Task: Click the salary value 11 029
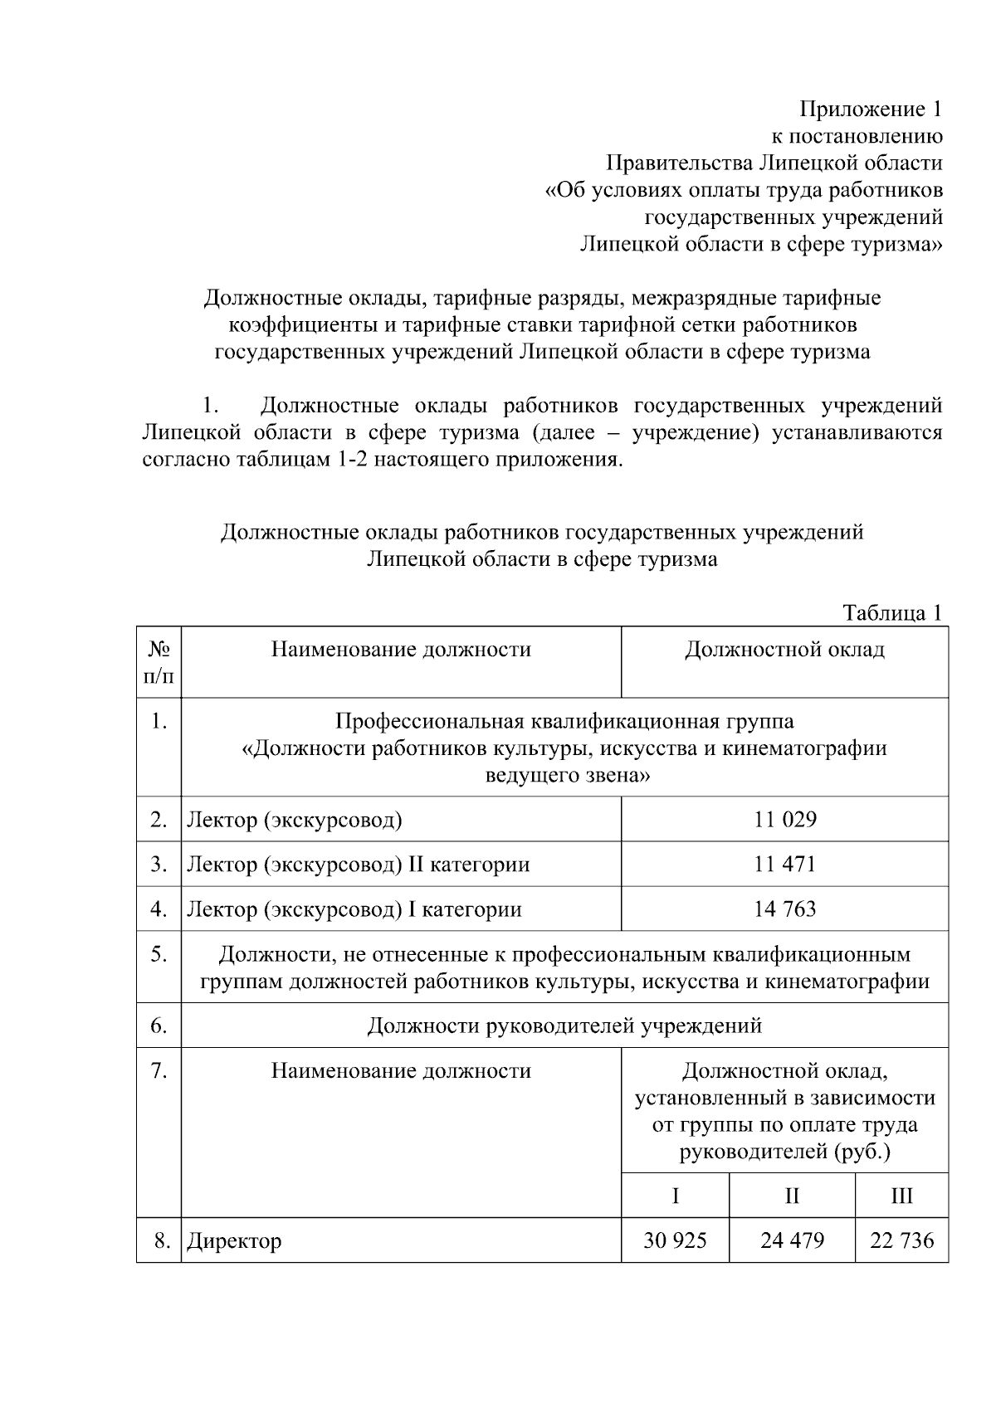[x=784, y=820]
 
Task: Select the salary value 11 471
[x=784, y=865]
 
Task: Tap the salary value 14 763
[x=784, y=909]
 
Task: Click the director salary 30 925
[x=675, y=1240]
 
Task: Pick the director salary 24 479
[x=792, y=1240]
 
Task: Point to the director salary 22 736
[x=901, y=1240]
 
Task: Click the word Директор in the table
[x=234, y=1241]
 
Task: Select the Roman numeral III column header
[x=901, y=1196]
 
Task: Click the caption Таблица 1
[x=892, y=613]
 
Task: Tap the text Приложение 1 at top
[x=871, y=109]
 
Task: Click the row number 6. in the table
[x=159, y=1026]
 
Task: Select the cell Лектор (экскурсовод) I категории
[x=354, y=909]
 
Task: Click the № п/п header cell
[x=159, y=662]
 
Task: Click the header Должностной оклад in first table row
[x=784, y=650]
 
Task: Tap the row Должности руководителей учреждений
[x=564, y=1026]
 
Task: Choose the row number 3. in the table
[x=159, y=865]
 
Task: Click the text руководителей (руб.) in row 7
[x=784, y=1152]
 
